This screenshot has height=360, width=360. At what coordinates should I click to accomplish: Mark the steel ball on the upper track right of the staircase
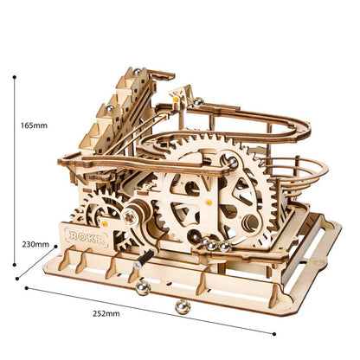[x=198, y=103]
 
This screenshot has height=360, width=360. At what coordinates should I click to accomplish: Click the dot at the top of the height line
[x=14, y=76]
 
